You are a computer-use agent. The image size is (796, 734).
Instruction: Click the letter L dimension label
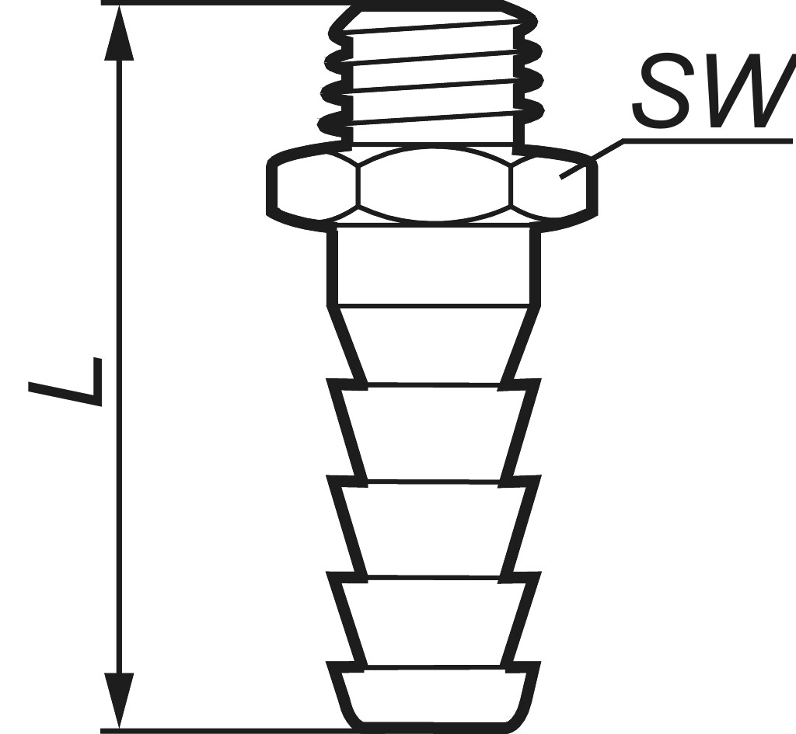65,381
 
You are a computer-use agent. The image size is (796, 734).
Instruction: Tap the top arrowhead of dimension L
118,33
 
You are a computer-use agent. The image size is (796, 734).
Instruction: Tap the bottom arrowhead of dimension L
118,701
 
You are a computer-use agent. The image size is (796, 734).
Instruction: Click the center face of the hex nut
434,185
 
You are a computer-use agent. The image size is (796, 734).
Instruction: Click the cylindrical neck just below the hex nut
434,266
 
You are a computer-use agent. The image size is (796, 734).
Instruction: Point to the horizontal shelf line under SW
707,141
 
